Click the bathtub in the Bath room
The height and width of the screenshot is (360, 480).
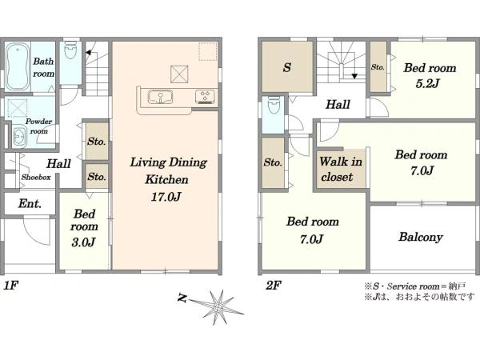click(18, 66)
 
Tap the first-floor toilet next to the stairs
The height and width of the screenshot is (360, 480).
click(70, 51)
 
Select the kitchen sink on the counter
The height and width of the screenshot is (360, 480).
click(160, 97)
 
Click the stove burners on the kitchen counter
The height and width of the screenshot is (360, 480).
click(205, 97)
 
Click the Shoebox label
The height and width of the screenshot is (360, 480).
click(36, 178)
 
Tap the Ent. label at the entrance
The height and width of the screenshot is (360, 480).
click(30, 203)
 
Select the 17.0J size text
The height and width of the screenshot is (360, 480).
click(166, 197)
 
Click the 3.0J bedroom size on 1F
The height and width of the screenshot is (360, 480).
click(83, 242)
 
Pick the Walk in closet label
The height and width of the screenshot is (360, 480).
click(341, 169)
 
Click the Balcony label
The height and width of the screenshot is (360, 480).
click(421, 237)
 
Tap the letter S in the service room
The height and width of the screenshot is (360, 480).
click(287, 67)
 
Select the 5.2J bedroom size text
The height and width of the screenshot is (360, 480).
click(428, 83)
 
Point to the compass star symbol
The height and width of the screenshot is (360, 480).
click(218, 307)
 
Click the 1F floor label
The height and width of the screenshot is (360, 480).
click(11, 286)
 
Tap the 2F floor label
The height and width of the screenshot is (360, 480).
click(274, 286)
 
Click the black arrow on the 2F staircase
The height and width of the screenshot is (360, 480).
click(354, 76)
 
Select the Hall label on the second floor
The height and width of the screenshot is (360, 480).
click(338, 104)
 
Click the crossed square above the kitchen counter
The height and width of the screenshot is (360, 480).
click(179, 74)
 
